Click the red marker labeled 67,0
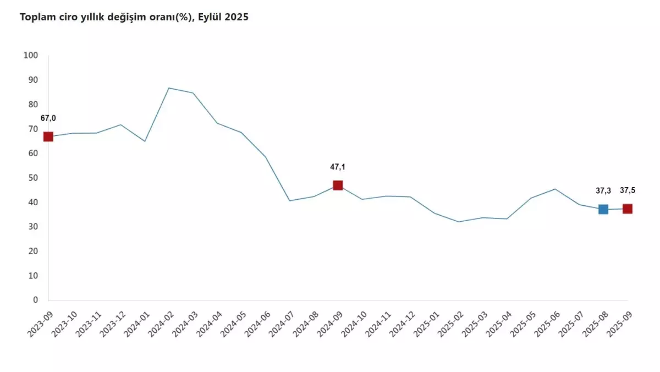click(48, 136)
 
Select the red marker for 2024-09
click(338, 185)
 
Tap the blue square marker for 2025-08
click(603, 209)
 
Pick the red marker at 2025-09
click(628, 209)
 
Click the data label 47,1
click(338, 167)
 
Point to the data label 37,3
click(603, 190)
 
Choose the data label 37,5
click(628, 190)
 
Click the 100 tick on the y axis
click(31, 56)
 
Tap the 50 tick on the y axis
click(32, 178)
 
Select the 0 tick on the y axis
click(35, 300)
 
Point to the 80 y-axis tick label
click(32, 105)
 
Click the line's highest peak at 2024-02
click(169, 88)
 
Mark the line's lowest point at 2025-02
click(459, 222)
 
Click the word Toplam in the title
click(35, 17)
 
